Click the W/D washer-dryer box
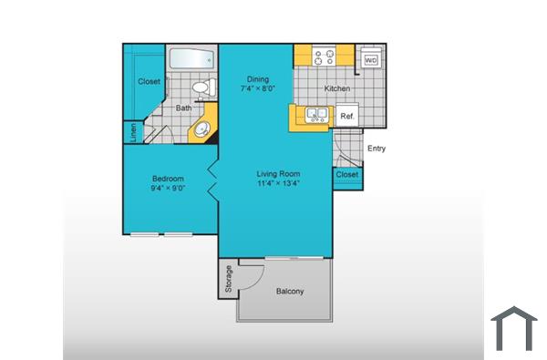tap(371, 60)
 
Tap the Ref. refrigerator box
tap(347, 117)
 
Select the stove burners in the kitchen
tap(325, 57)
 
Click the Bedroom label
tap(168, 179)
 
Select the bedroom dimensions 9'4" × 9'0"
tap(168, 189)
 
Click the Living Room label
tap(278, 174)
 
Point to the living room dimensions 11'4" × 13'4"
tap(278, 184)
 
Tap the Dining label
tap(256, 78)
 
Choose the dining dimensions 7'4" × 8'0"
tap(256, 89)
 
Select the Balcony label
tap(289, 292)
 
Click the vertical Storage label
tap(228, 280)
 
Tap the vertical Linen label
tap(133, 132)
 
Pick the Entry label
tap(376, 148)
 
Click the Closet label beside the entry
tap(346, 174)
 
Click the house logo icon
tap(514, 328)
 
